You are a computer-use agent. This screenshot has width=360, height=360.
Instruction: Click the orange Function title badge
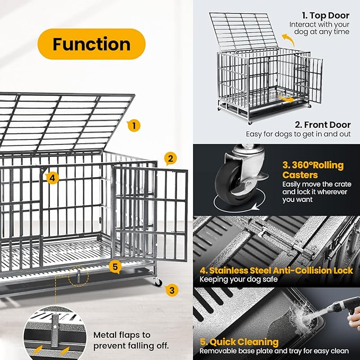pyautogui.click(x=91, y=44)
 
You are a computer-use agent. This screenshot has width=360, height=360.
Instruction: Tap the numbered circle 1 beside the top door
pyautogui.click(x=134, y=126)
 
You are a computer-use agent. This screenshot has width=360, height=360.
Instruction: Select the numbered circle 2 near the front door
pyautogui.click(x=170, y=158)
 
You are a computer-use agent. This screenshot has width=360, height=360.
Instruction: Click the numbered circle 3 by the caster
pyautogui.click(x=171, y=289)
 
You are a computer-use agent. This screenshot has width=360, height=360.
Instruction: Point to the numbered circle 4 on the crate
pyautogui.click(x=51, y=178)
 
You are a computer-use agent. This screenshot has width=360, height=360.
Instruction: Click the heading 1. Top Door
pyautogui.click(x=326, y=16)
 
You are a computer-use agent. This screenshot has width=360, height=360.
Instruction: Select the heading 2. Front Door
pyautogui.click(x=323, y=125)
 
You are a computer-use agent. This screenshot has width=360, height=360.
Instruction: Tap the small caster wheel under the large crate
pyautogui.click(x=157, y=282)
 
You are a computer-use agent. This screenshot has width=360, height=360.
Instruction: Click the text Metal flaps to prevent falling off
pyautogui.click(x=131, y=340)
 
